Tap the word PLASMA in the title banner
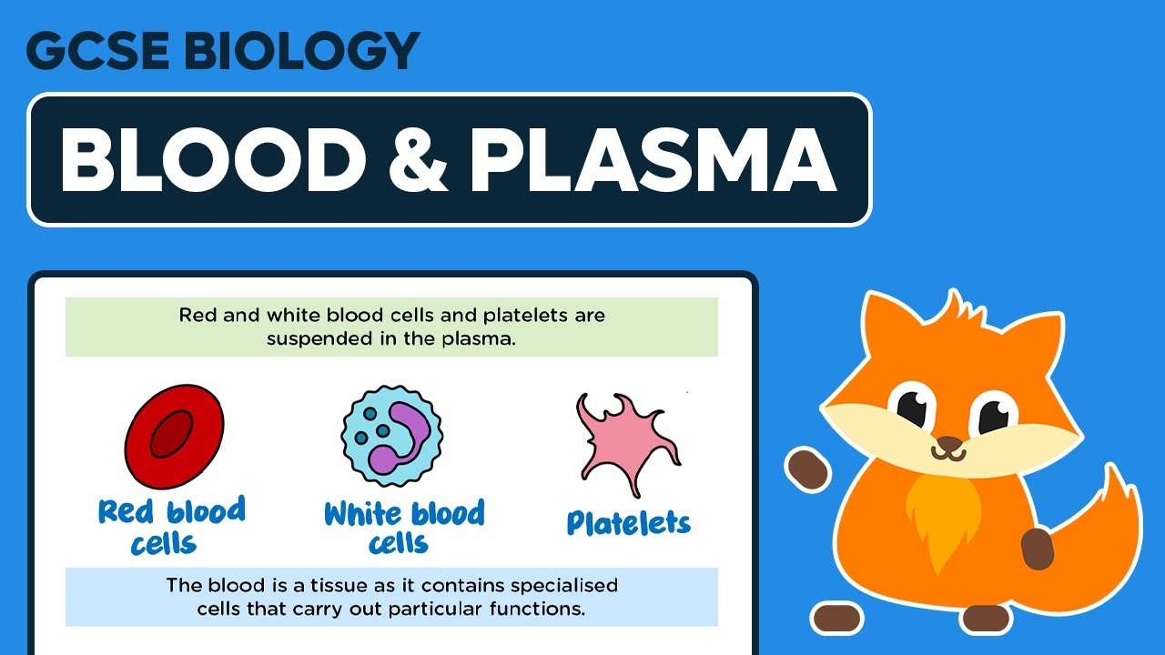[x=653, y=160]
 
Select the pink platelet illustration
[x=626, y=444]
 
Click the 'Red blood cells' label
[x=172, y=526]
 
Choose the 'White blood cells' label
[x=403, y=526]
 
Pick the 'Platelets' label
[x=628, y=522]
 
